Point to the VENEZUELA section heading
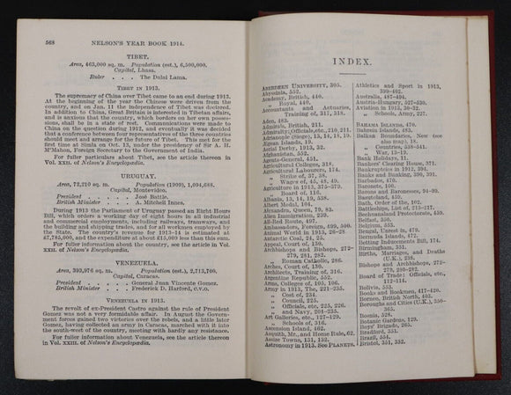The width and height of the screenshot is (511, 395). (134, 268)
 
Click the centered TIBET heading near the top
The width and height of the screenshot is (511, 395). (134, 48)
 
